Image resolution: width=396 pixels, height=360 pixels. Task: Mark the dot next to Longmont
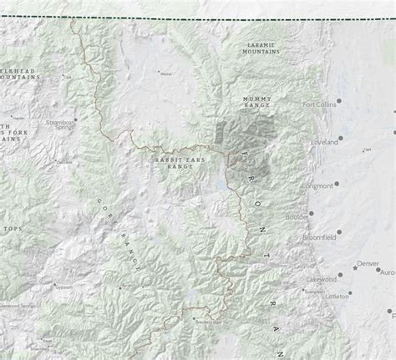338,185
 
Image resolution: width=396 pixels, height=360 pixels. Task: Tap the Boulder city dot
312,214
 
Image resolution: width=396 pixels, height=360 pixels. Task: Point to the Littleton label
338,296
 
